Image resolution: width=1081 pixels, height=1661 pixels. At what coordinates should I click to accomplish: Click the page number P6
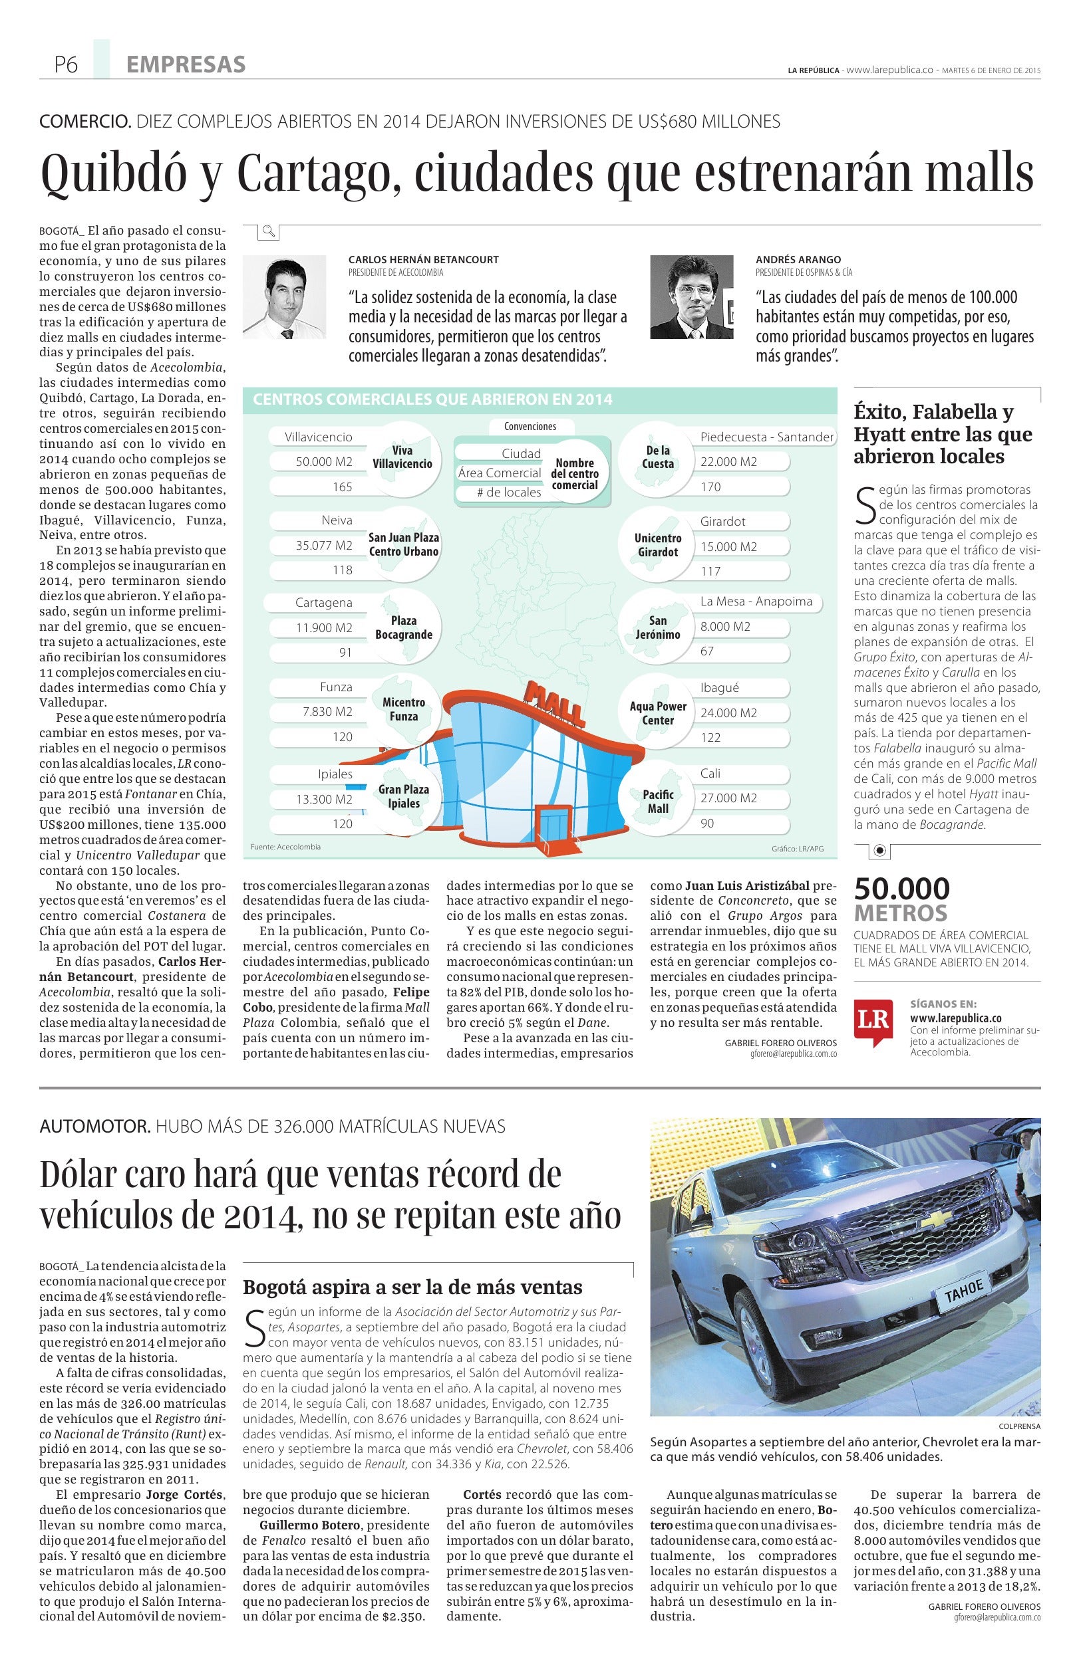66,65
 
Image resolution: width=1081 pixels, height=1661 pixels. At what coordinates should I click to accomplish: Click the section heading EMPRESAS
186,65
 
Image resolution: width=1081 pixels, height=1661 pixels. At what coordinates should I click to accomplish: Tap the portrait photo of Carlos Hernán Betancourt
284,296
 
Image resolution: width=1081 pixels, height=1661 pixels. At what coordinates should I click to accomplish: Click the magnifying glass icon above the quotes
268,231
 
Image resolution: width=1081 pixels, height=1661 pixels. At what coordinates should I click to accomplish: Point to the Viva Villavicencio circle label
402,457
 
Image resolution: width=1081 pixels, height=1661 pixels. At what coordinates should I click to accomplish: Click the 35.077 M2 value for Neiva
324,545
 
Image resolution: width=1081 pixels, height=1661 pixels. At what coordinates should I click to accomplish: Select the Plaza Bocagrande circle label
404,627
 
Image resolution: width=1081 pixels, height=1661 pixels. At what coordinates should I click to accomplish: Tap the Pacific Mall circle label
658,801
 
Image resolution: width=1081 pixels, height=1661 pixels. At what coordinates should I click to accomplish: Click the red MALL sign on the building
556,704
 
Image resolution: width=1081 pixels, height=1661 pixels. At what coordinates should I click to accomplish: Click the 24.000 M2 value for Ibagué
728,713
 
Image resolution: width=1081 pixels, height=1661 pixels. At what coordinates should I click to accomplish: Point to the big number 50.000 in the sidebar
901,889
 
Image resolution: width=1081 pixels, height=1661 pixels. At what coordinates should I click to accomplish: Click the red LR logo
872,1020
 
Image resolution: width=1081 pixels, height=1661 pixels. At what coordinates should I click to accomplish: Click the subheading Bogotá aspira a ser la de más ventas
412,1286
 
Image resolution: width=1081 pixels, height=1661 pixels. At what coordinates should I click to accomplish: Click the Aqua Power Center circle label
658,713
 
